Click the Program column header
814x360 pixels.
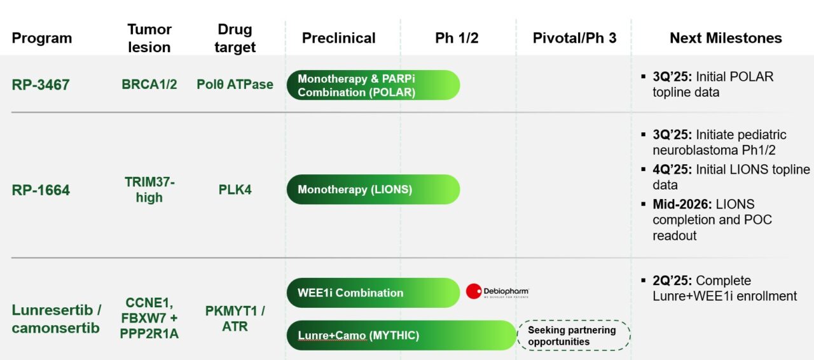42,38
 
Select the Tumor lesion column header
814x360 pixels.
149,38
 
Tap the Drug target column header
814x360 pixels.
235,38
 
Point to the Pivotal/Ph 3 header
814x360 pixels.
574,38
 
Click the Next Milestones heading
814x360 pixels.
726,38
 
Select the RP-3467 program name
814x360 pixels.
41,85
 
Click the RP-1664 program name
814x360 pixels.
41,190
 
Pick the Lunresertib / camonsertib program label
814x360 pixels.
56,319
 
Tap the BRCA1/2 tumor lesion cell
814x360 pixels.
149,85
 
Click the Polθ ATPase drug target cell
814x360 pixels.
235,85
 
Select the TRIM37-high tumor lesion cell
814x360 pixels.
149,190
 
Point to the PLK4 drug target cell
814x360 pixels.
235,190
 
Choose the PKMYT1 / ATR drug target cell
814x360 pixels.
235,319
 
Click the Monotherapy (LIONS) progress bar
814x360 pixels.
373,190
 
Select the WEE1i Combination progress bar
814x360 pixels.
373,293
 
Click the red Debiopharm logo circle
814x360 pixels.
473,292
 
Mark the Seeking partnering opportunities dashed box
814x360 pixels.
573,336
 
